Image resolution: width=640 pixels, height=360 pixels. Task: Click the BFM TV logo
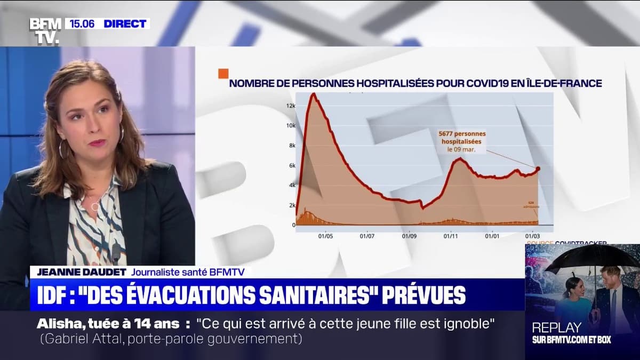pos(45,30)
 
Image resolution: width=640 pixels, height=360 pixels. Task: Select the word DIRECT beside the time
pos(125,23)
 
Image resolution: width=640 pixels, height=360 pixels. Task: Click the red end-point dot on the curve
pos(538,169)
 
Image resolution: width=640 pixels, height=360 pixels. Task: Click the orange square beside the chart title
pos(223,74)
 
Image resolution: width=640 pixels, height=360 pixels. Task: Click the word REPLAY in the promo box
pos(556,327)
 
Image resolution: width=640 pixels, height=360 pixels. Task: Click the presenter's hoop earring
pos(62,149)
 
